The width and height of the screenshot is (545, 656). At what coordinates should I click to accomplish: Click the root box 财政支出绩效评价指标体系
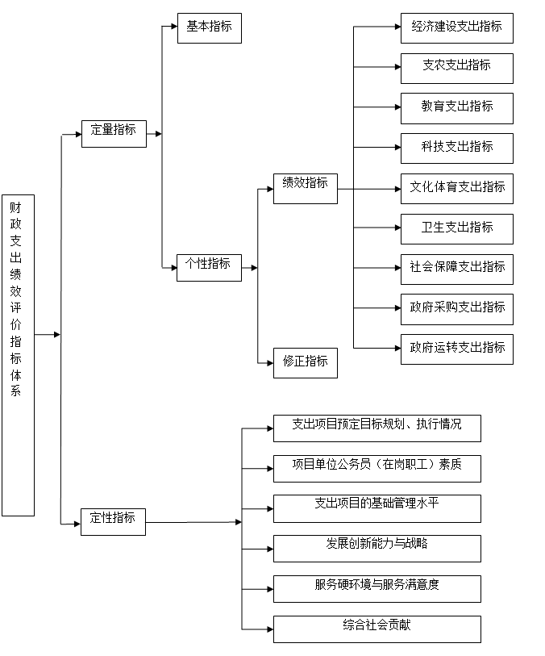[x=18, y=355]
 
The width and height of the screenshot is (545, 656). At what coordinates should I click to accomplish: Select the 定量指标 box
[x=114, y=134]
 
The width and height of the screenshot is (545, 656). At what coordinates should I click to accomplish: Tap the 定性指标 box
[x=113, y=522]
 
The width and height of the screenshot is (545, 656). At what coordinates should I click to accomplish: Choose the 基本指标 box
[x=210, y=28]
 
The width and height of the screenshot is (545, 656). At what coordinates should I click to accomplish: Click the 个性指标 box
[x=209, y=268]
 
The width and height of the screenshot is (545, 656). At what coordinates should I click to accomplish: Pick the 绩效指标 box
[x=306, y=189]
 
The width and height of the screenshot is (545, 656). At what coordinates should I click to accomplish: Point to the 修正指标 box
[x=306, y=363]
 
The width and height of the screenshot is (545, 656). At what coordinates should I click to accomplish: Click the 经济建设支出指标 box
[x=457, y=28]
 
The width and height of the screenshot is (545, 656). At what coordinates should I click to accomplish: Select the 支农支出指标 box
[x=457, y=69]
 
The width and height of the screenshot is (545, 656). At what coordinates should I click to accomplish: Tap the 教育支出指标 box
[x=457, y=108]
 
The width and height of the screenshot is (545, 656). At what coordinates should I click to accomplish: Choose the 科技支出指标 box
[x=457, y=148]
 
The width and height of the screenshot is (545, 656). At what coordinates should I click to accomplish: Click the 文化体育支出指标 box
[x=457, y=189]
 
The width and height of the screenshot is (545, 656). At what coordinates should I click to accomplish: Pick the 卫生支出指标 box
[x=457, y=229]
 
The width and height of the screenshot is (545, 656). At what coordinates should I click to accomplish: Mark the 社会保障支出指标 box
[x=457, y=270]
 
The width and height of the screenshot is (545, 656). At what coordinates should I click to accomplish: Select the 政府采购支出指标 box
[x=457, y=310]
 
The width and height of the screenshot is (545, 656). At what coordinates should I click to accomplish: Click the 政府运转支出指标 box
[x=457, y=349]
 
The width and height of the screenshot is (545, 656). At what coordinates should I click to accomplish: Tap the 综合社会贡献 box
[x=377, y=629]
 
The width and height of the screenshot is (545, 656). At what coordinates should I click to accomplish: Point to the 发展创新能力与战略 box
[x=377, y=549]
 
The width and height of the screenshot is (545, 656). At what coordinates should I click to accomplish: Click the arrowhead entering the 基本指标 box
[x=174, y=27]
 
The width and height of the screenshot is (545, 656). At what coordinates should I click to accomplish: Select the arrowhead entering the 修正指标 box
[x=270, y=363]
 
